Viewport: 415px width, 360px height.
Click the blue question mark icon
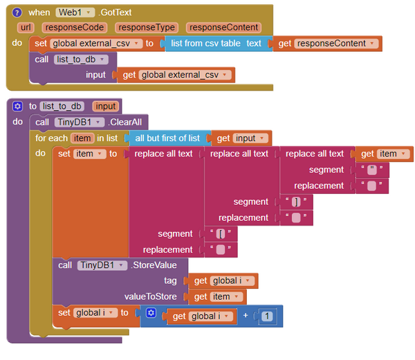point(17,12)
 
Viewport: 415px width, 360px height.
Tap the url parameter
point(26,28)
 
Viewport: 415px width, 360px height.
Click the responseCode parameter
point(73,28)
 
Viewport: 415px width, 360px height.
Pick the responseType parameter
point(146,28)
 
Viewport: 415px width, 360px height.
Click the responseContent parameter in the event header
point(223,28)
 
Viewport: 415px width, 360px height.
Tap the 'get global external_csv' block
point(176,75)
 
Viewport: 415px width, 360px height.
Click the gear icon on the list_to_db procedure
point(17,106)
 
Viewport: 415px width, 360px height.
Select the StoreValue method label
point(156,264)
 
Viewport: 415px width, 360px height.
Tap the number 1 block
point(268,316)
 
